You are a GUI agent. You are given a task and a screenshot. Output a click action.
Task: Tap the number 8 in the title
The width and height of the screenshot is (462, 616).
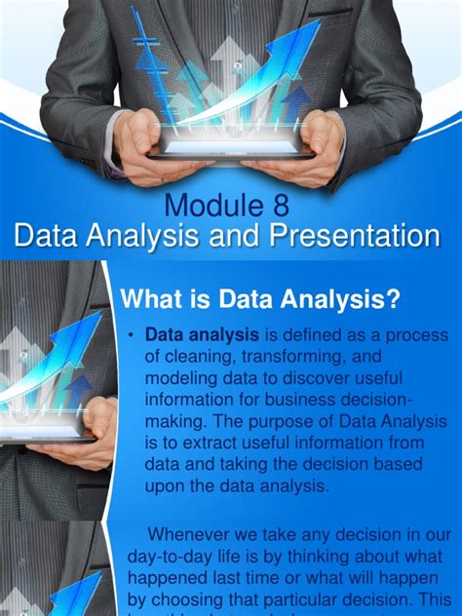[281, 207]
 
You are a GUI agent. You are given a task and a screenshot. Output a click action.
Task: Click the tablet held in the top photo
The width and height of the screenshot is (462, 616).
[230, 147]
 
